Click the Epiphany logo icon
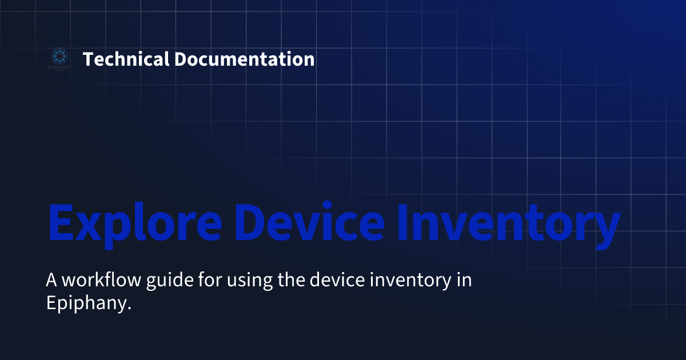click(x=58, y=57)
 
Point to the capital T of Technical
click(x=88, y=59)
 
